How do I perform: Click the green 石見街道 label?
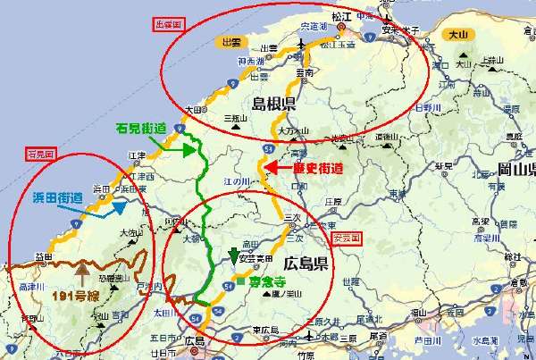(x=141, y=129)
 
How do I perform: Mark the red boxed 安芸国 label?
(x=347, y=239)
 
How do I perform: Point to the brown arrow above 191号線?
(x=83, y=267)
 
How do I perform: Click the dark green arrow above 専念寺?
(x=234, y=255)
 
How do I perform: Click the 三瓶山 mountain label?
(x=234, y=118)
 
